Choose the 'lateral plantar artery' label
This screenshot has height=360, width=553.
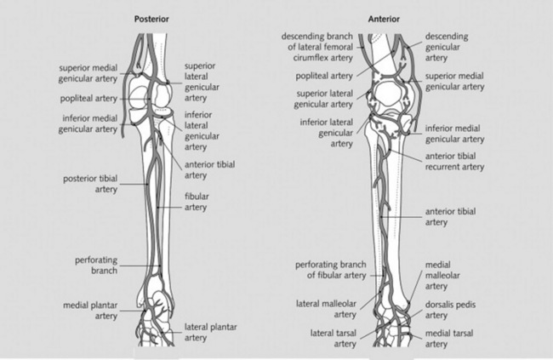click(209, 333)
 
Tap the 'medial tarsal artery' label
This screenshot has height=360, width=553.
click(450, 338)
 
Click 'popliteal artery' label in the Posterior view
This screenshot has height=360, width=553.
click(88, 98)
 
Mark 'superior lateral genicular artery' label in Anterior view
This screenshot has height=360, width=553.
click(324, 99)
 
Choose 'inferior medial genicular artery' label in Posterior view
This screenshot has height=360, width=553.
click(88, 123)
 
